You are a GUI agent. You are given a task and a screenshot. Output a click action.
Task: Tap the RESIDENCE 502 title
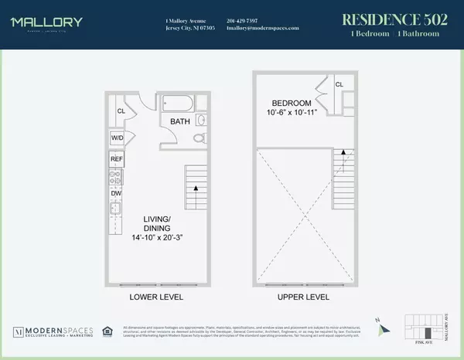394,19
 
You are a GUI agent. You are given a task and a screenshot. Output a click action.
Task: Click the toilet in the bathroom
197,138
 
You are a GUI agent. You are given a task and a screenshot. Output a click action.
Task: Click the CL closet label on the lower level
121,110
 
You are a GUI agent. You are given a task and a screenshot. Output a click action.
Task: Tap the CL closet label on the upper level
339,85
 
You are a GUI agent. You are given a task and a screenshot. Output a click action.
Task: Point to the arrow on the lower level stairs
196,188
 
